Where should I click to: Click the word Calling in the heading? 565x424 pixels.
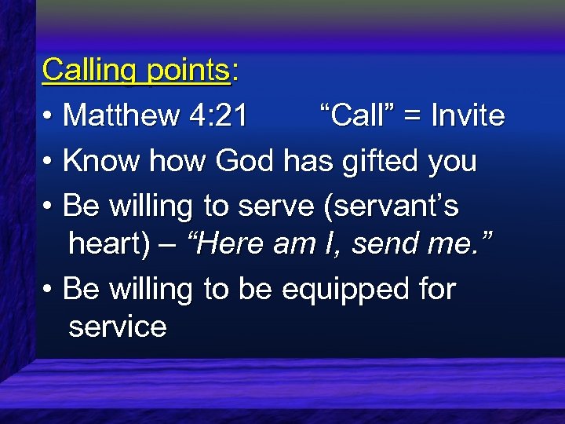click(87, 71)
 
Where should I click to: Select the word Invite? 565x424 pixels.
click(468, 116)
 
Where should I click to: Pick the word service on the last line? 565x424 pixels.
click(118, 326)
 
